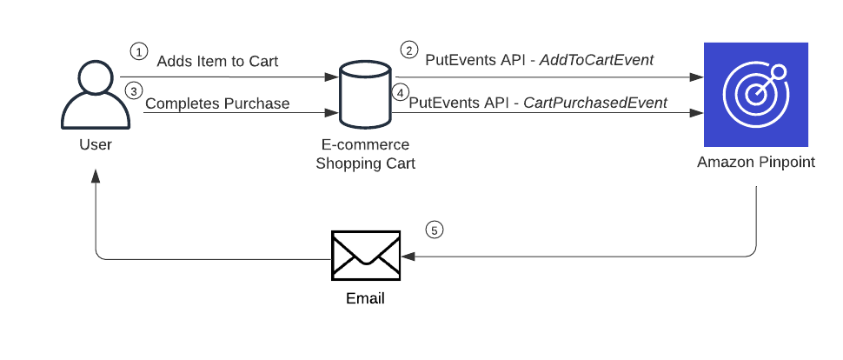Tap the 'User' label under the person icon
[x=95, y=143]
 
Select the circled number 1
[x=136, y=50]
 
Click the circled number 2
[x=407, y=50]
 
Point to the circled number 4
[x=400, y=91]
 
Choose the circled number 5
[x=435, y=230]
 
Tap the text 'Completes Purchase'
[x=217, y=103]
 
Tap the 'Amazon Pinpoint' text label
[x=755, y=162]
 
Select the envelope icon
[x=365, y=256]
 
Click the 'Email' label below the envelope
[x=365, y=298]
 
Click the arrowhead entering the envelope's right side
[x=407, y=257]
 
